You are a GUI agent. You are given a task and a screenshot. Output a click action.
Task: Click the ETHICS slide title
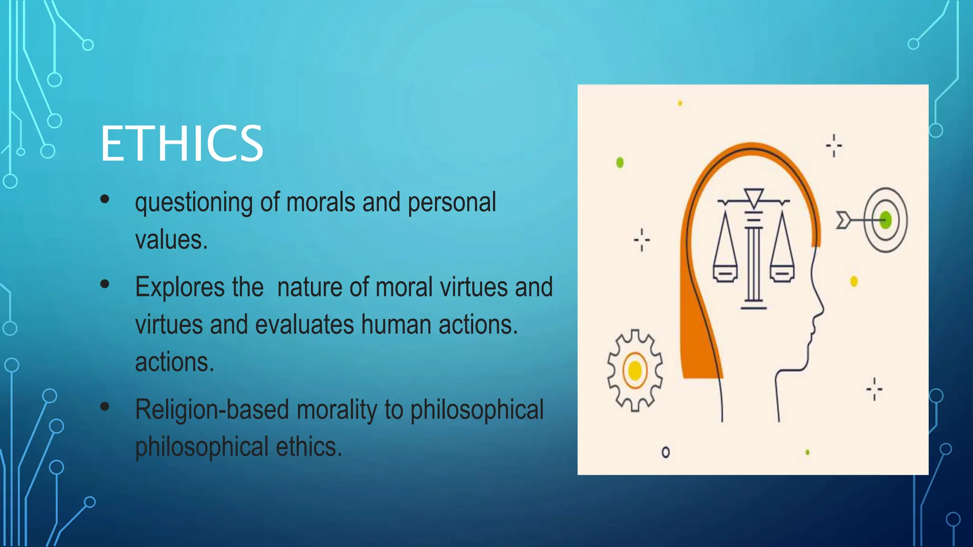click(181, 143)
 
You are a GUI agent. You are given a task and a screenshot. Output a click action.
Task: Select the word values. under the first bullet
click(172, 240)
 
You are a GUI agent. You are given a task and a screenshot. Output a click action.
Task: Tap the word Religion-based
click(212, 410)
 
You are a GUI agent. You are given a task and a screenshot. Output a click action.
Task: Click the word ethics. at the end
click(309, 447)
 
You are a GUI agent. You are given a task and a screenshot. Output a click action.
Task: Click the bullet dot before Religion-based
click(105, 406)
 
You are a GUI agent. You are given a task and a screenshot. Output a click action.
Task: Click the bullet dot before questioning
click(105, 199)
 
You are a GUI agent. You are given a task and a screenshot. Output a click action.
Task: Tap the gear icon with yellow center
click(635, 370)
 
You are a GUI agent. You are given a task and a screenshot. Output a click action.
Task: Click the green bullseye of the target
click(886, 220)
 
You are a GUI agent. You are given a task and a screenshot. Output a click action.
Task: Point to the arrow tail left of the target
click(843, 220)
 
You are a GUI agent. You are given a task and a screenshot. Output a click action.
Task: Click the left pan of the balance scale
click(725, 273)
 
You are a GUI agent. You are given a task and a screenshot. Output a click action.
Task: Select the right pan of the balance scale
click(782, 273)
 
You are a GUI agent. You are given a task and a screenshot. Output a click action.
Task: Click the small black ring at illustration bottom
click(666, 452)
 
